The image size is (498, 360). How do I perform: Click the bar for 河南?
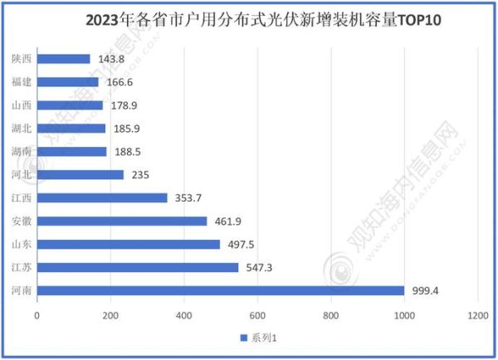point(221,290)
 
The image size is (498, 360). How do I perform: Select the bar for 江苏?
point(138,267)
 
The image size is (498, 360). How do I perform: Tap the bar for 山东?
point(129,244)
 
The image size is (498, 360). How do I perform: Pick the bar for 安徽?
point(122,221)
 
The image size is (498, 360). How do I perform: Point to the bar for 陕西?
point(64,59)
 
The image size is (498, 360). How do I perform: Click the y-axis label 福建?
point(22,82)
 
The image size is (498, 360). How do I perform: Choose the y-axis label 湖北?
point(22,129)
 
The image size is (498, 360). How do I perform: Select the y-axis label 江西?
point(22,197)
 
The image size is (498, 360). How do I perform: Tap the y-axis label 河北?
point(22,174)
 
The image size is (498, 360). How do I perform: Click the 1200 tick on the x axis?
point(477,316)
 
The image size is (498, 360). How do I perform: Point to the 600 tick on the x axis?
point(257,316)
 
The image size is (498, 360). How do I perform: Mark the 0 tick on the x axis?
point(37,316)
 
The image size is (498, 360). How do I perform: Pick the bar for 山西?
point(70,105)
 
